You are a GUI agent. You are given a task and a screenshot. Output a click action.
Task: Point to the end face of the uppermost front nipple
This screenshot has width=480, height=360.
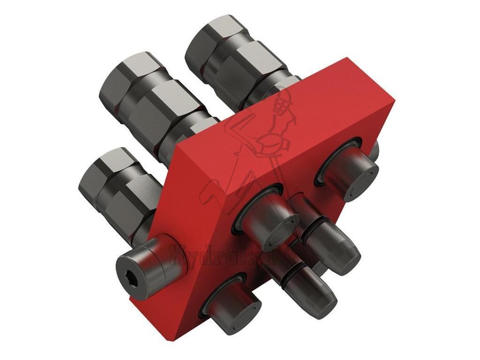coord(361,182)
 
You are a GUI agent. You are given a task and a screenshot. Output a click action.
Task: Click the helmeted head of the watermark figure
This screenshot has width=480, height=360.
coord(281,101)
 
